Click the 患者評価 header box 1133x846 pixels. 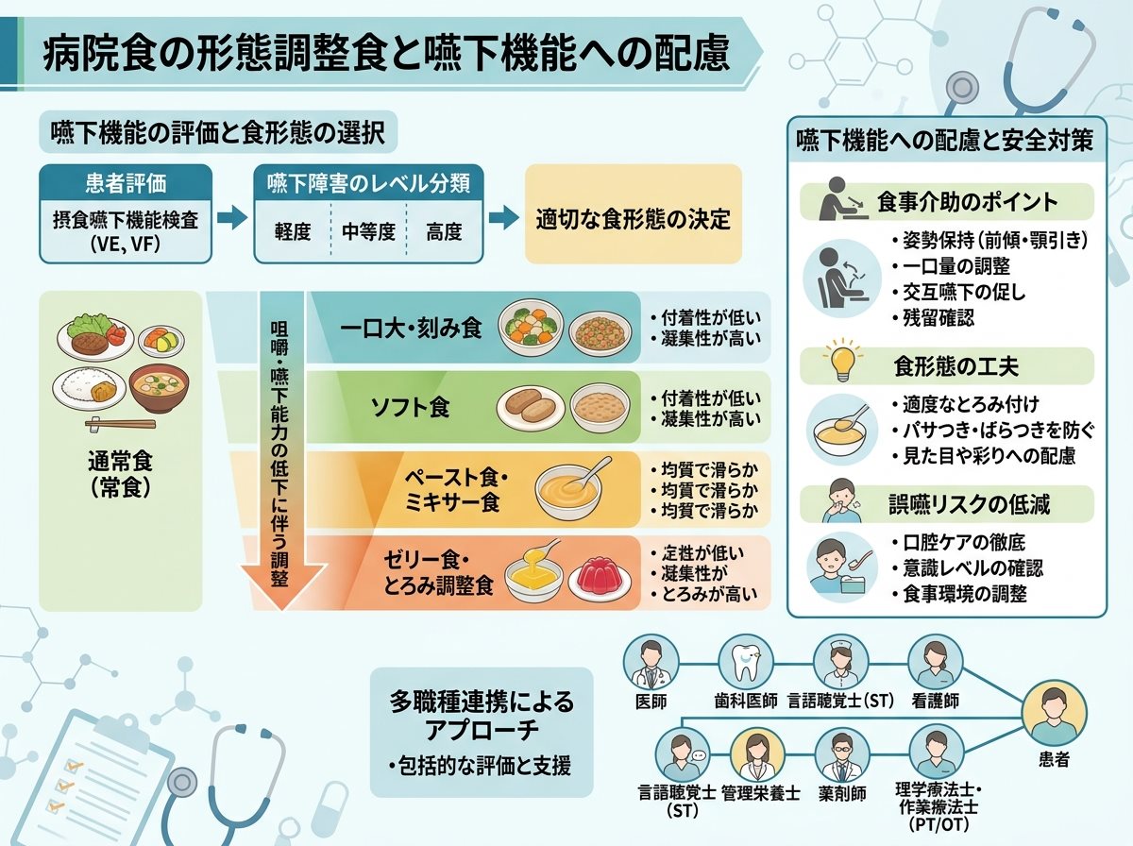click(x=126, y=183)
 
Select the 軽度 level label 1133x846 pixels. click(x=293, y=231)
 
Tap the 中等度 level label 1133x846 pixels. click(x=368, y=231)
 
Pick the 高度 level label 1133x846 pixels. click(x=444, y=231)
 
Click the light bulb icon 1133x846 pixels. click(x=842, y=359)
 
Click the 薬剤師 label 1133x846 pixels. click(x=842, y=793)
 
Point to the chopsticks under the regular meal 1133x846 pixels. click(x=120, y=424)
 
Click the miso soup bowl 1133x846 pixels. click(x=159, y=387)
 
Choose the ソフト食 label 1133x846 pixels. click(x=411, y=407)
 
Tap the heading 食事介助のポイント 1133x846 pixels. click(x=968, y=202)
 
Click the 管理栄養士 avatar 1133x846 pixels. click(x=758, y=754)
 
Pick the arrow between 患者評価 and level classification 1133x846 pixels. click(x=232, y=217)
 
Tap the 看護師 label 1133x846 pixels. click(x=936, y=701)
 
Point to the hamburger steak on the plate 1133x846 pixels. click(x=89, y=342)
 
